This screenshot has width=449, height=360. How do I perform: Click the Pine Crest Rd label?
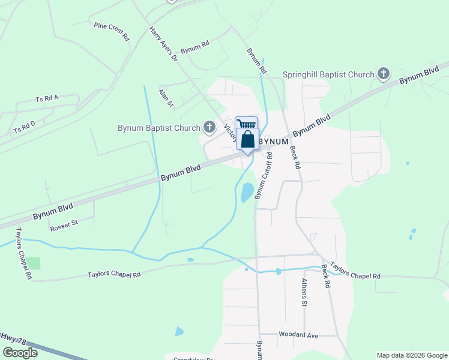(112, 31)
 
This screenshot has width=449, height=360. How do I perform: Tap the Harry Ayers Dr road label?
(163, 44)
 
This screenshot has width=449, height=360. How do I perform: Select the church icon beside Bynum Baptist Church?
(209, 127)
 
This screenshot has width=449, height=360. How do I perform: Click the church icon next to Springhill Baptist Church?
(383, 74)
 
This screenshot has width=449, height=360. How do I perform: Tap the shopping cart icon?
(246, 124)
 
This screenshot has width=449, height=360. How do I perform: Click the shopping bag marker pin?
(247, 140)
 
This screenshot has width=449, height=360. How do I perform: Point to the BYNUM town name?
(274, 140)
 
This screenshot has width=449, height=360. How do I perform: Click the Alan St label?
(166, 97)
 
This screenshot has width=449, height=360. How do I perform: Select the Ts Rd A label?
(47, 98)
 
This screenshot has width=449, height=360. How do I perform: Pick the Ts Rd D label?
(24, 127)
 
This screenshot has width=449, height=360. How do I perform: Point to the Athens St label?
(304, 292)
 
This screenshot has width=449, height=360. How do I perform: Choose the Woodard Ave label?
(298, 335)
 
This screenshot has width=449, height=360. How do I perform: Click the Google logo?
(20, 353)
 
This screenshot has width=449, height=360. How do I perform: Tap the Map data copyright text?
(412, 355)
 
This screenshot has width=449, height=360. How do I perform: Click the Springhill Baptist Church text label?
(328, 74)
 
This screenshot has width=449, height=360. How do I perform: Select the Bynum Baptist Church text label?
(159, 127)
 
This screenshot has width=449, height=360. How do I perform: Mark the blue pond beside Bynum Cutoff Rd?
(247, 192)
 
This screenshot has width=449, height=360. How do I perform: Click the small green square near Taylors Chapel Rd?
(33, 263)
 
